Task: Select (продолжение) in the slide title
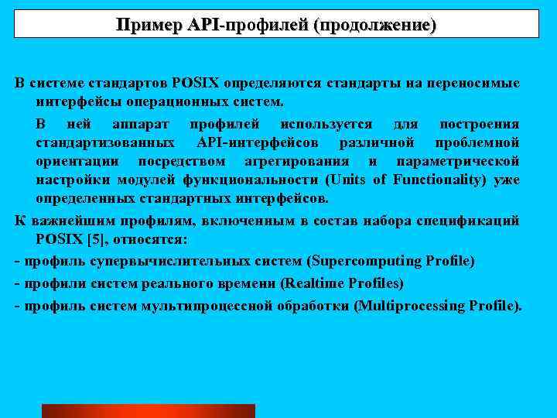click(x=374, y=25)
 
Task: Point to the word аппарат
click(x=141, y=124)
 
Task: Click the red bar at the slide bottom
click(x=148, y=411)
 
